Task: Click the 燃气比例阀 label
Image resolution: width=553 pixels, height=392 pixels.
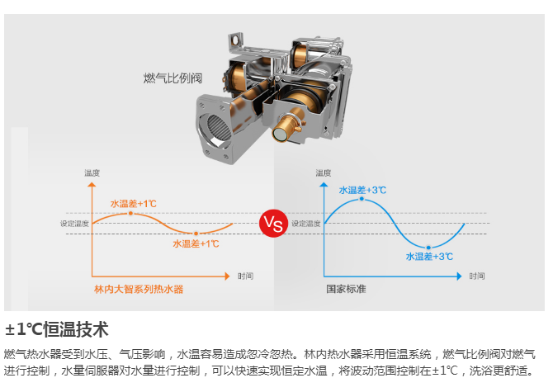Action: (x=173, y=79)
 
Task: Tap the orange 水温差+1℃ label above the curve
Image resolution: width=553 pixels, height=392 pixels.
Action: (x=134, y=203)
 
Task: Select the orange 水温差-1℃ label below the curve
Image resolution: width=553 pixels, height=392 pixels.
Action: (x=196, y=243)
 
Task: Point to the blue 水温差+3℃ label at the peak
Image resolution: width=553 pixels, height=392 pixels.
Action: (x=362, y=190)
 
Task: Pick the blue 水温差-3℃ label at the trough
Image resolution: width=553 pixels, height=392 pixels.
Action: (x=429, y=257)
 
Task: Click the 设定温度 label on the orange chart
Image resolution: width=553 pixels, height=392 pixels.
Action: (x=73, y=224)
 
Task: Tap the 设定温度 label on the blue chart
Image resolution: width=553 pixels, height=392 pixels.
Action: (x=305, y=224)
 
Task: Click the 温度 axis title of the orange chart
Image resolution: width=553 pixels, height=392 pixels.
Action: (x=92, y=172)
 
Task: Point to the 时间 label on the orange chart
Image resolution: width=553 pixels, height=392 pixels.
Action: (x=245, y=275)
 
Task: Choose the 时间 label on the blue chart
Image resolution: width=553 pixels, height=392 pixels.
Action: (x=477, y=275)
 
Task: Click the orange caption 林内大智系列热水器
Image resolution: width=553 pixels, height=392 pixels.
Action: (x=139, y=290)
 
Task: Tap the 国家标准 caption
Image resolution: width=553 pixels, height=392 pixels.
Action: (x=346, y=290)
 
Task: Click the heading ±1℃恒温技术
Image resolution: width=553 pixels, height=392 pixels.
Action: (x=57, y=330)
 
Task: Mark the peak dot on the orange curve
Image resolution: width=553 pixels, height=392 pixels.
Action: (x=130, y=213)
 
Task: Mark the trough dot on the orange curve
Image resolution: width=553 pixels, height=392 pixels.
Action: (x=196, y=233)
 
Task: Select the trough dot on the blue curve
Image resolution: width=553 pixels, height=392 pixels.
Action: (x=428, y=247)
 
